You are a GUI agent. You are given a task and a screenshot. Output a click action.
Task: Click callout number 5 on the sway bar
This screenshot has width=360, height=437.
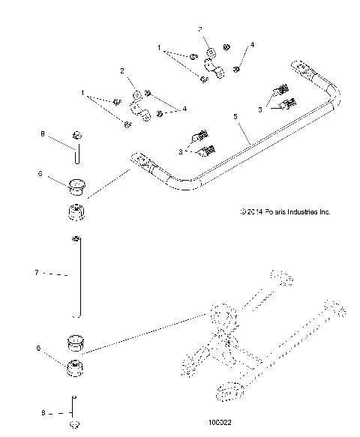235,117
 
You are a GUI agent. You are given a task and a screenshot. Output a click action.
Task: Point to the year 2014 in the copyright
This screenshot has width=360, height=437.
253,212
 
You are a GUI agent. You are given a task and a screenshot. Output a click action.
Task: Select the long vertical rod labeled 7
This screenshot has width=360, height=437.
77,277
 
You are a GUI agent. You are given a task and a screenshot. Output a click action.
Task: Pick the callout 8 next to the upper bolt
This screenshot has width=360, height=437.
43,135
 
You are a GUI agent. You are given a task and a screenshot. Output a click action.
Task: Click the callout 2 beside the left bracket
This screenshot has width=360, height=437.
121,70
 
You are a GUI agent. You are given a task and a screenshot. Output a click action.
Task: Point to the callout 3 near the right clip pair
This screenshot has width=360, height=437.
260,109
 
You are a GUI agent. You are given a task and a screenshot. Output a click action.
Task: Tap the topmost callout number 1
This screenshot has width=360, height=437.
159,47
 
